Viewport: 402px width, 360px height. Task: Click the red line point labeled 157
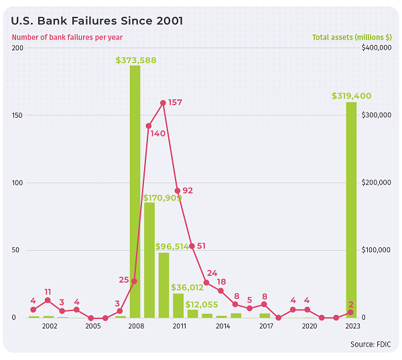coord(163,103)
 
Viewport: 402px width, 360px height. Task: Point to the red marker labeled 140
coord(149,125)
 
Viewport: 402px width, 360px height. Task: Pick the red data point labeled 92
coord(178,191)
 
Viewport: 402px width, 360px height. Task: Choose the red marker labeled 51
coord(192,246)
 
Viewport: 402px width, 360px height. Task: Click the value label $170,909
coord(163,198)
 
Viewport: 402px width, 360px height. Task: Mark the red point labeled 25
coord(134,281)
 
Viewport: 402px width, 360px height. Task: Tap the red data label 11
coord(48,292)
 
